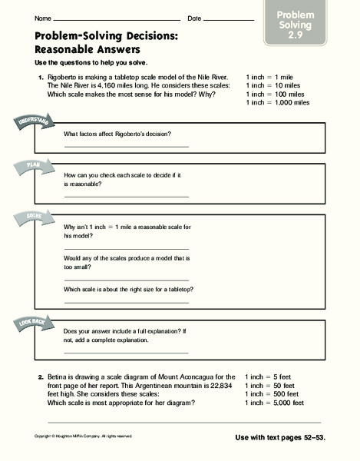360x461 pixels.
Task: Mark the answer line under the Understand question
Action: coord(126,146)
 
